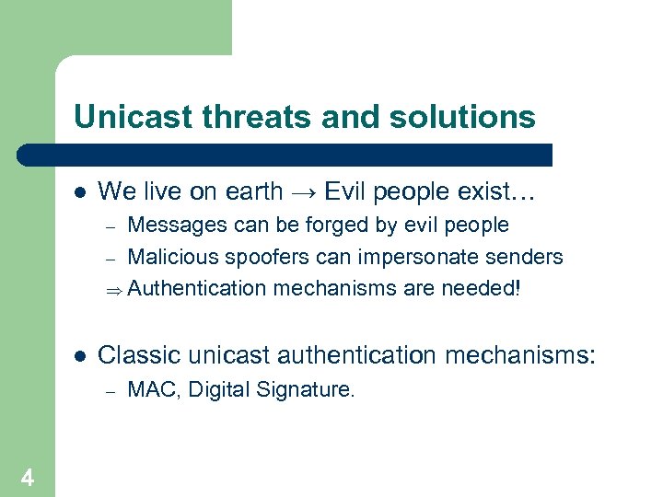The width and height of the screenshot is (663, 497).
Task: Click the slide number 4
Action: point(28,478)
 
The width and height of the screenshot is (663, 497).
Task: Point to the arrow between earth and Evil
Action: point(303,192)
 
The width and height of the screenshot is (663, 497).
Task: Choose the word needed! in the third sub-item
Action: point(484,288)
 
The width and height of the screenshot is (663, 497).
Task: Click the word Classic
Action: point(134,355)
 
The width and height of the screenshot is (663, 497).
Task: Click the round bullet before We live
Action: point(79,192)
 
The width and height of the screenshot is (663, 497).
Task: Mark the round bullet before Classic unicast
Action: point(79,356)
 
